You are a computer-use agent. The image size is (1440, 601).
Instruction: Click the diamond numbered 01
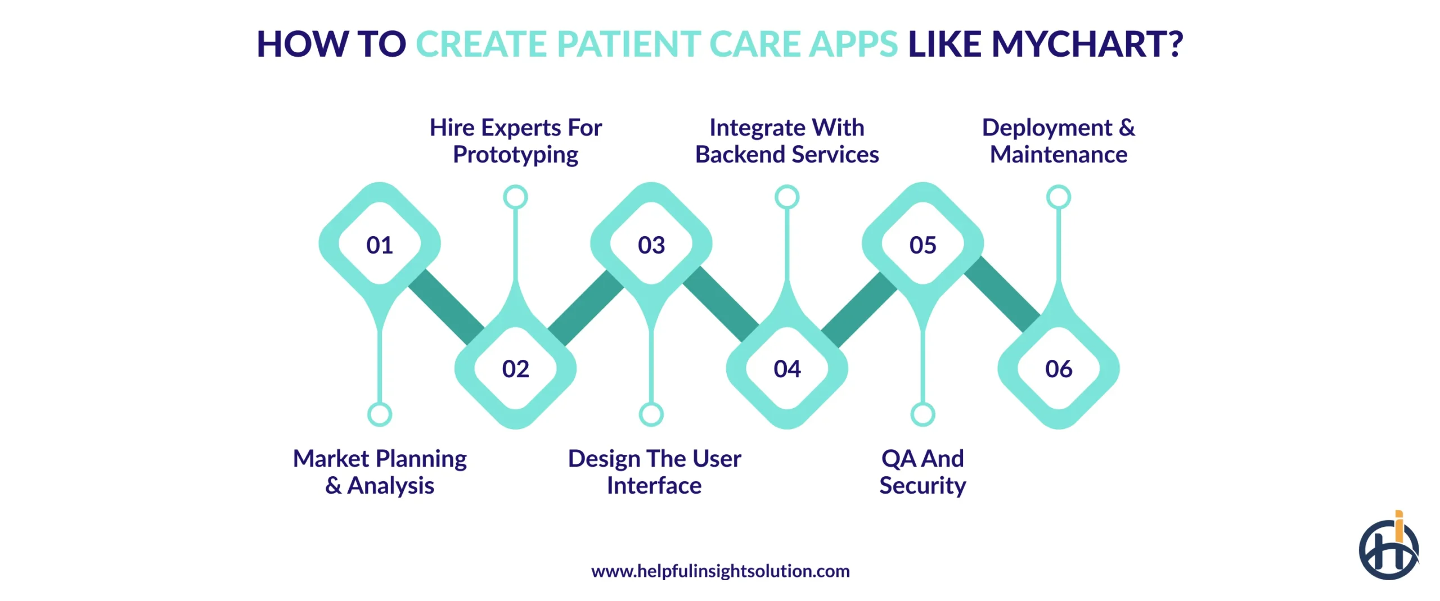pos(380,245)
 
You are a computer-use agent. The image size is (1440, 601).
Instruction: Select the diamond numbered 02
pos(515,369)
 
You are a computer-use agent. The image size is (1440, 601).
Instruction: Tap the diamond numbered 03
pos(651,245)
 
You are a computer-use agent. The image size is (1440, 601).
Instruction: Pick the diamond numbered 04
pos(787,369)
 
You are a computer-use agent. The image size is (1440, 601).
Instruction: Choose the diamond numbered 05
pos(922,245)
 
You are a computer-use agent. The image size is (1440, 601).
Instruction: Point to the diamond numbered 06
pos(1058,369)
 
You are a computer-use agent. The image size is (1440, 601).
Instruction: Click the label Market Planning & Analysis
pos(380,472)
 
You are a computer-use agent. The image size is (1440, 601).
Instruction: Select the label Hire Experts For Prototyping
pos(515,141)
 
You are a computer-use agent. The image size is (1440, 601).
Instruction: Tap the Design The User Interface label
pos(654,472)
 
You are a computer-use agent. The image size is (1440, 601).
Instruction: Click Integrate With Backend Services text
pos(787,141)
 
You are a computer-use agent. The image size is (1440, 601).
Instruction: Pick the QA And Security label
pos(922,472)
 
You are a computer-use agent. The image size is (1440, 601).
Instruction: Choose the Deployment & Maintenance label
pos(1058,141)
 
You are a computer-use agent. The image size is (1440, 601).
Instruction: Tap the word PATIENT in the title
pos(628,44)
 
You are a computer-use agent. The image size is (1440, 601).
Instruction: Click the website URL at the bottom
pos(720,571)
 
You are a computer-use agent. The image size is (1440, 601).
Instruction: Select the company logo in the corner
pos(1388,549)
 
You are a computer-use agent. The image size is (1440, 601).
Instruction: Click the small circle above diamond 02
pos(515,197)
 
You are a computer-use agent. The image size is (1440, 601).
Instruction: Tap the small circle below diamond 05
pos(922,415)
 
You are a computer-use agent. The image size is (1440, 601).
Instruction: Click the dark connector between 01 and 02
pos(445,306)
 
